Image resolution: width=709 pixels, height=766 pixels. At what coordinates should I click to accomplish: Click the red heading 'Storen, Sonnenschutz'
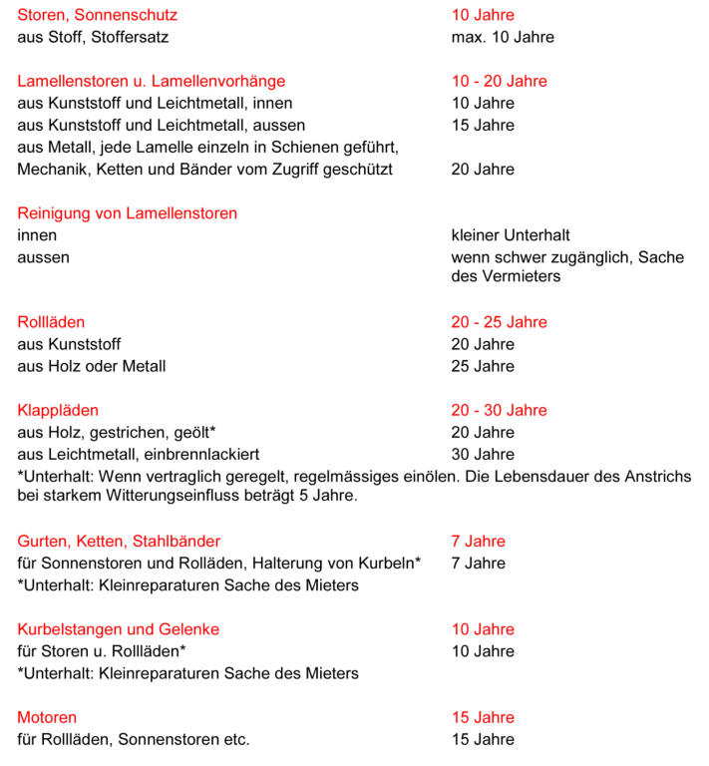(98, 16)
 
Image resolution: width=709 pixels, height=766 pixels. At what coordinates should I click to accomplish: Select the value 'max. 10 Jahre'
(503, 38)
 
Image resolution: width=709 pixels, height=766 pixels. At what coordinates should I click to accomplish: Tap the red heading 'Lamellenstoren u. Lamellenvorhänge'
(152, 82)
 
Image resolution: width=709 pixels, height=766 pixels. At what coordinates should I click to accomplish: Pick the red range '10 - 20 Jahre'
(500, 82)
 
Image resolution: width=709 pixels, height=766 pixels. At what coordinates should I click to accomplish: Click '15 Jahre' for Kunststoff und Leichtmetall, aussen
(483, 126)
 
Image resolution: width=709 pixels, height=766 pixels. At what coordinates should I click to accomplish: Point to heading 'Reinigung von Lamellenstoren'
(128, 213)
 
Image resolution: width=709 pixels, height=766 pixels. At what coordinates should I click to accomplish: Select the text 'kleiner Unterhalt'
(511, 235)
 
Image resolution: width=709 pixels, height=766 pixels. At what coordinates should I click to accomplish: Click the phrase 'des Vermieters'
(506, 276)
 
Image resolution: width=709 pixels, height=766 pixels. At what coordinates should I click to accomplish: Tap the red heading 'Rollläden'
(51, 322)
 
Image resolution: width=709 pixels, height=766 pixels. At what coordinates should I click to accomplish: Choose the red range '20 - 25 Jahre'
(500, 322)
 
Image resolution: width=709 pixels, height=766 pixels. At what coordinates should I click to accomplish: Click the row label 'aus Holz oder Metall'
(92, 366)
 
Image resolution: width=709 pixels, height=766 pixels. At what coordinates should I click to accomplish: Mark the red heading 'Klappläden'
(58, 410)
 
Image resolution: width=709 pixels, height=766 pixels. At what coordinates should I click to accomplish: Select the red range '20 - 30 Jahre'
(500, 410)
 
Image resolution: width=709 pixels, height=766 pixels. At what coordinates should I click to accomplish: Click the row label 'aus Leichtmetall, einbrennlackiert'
(139, 454)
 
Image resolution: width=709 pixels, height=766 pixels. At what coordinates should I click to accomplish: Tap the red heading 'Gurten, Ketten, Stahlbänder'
(119, 542)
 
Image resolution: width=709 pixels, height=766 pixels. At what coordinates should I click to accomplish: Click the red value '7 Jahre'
(479, 542)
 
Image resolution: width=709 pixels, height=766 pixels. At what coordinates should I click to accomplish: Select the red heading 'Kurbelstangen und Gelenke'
(119, 629)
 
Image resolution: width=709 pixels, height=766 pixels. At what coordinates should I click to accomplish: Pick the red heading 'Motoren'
(47, 717)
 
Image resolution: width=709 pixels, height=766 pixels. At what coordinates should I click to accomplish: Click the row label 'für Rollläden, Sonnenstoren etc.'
(134, 739)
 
